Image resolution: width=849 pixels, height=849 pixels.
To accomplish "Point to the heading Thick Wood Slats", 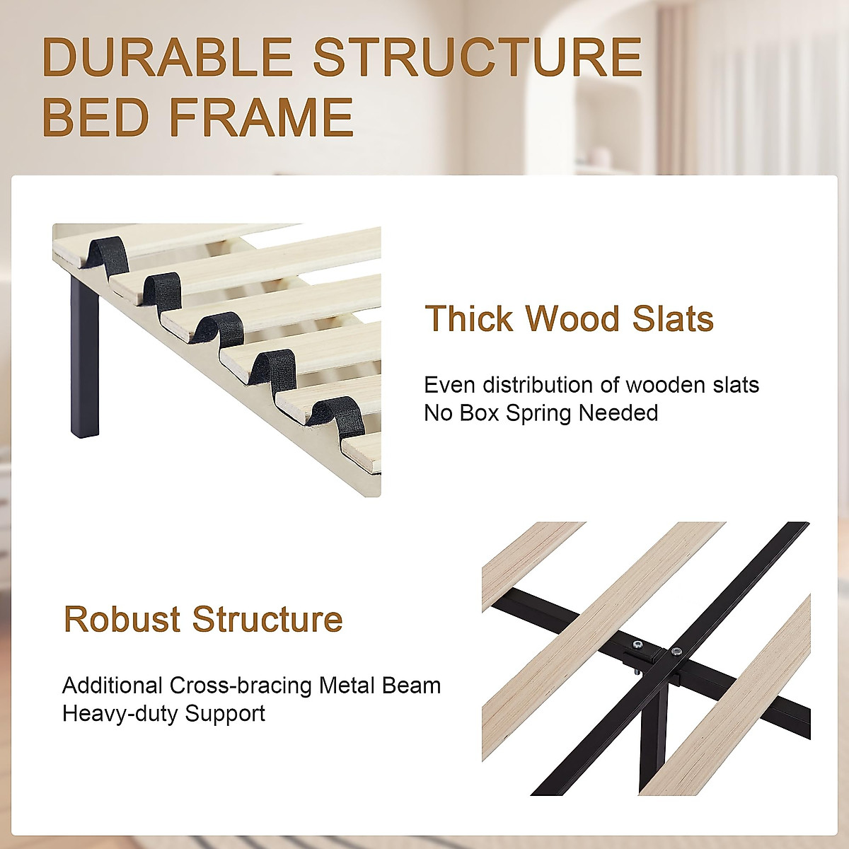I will click(x=569, y=318).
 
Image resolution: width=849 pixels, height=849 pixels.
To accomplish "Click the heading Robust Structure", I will click(x=203, y=619).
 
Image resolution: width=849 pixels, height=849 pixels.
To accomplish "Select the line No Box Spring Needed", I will click(x=541, y=412).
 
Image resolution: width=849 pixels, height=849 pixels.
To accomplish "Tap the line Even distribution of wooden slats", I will click(x=591, y=385).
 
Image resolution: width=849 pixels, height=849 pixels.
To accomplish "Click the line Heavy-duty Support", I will click(x=163, y=713).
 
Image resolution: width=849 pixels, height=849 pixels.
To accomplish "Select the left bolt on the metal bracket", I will click(x=637, y=645).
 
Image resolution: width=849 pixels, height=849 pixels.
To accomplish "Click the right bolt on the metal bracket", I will click(x=677, y=652).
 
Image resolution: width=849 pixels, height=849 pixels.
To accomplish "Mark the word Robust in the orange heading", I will click(x=122, y=619).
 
